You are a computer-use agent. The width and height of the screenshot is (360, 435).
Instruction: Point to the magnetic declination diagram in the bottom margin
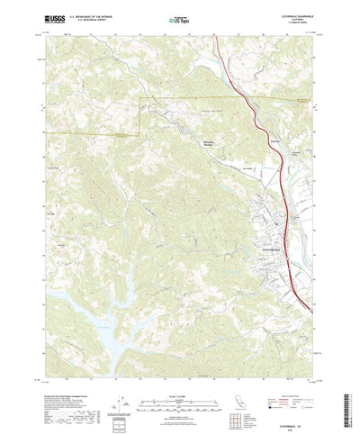click(121, 383)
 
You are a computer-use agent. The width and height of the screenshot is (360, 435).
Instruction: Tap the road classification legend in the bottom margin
click(293, 379)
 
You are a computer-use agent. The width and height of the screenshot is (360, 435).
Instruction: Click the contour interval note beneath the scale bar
click(180, 388)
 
